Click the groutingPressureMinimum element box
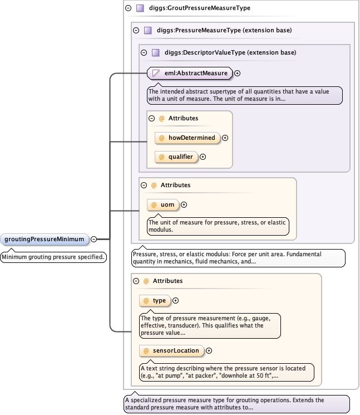[45, 239]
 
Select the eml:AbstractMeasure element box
[190, 72]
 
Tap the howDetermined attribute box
[188, 138]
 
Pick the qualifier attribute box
[176, 157]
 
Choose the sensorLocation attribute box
[172, 350]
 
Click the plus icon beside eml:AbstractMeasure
[238, 73]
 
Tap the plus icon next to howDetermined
[225, 138]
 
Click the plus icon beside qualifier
[203, 157]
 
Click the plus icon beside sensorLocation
[209, 351]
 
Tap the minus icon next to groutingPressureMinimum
[93, 240]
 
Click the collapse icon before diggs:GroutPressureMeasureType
[129, 8]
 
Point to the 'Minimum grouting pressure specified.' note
[53, 257]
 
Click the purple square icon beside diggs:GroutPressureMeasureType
[140, 8]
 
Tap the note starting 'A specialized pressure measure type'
[236, 404]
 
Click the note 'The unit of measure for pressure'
[218, 225]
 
